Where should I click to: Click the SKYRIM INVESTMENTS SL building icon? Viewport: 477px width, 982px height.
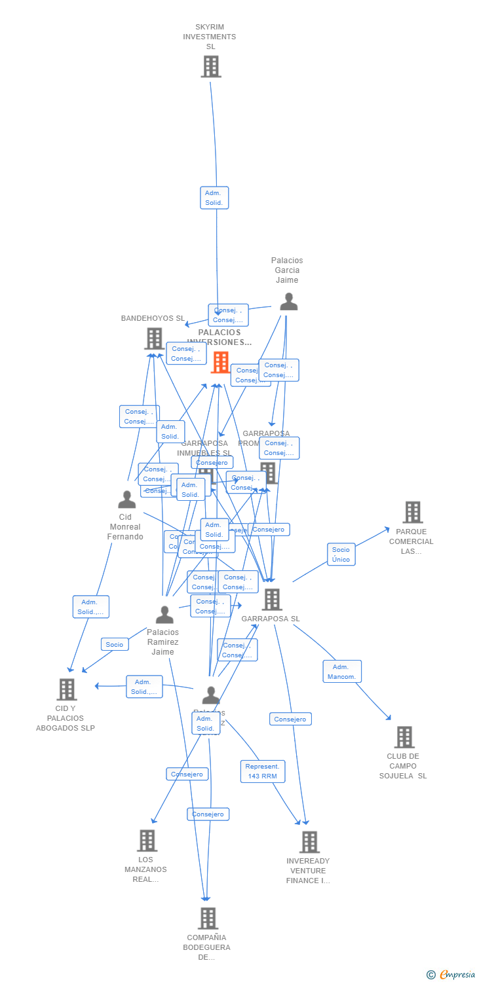click(210, 67)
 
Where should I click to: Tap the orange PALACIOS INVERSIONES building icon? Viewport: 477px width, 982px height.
click(220, 362)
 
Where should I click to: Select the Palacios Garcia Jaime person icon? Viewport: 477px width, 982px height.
click(288, 302)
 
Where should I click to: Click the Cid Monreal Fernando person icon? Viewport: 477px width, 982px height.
click(126, 500)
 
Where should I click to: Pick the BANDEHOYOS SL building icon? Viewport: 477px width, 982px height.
click(154, 338)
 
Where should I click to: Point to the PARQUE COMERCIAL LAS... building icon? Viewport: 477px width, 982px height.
click(412, 513)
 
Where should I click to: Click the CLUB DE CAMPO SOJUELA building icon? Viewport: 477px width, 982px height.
click(404, 737)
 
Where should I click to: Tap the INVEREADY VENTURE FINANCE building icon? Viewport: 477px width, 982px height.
click(309, 842)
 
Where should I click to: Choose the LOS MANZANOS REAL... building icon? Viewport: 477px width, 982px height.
click(147, 841)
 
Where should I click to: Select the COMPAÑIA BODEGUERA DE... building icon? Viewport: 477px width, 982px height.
click(208, 918)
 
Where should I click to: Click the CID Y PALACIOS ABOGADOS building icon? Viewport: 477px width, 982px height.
click(66, 689)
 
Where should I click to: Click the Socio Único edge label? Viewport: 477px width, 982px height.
click(341, 555)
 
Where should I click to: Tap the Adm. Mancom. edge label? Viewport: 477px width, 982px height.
click(341, 672)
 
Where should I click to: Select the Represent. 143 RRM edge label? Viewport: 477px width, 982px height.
click(262, 771)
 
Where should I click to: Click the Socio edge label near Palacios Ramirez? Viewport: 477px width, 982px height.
click(115, 645)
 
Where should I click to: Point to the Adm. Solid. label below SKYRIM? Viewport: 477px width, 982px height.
click(214, 198)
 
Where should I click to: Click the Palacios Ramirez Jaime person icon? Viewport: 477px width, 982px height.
click(164, 615)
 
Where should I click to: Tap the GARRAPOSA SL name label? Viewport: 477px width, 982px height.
click(271, 619)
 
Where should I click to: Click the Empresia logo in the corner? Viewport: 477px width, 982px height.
click(451, 975)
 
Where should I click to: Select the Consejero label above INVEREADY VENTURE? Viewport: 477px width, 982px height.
click(290, 719)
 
